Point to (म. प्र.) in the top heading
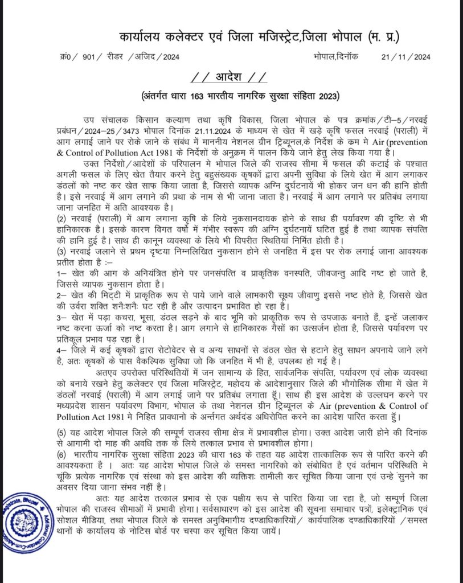pyautogui.click(x=383, y=37)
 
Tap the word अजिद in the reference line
pyautogui.click(x=147, y=56)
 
